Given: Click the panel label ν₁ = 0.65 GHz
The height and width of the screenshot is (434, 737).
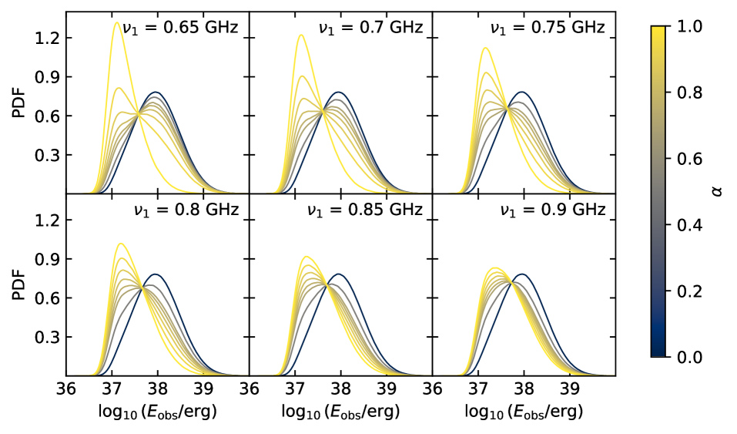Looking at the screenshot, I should click(x=181, y=29).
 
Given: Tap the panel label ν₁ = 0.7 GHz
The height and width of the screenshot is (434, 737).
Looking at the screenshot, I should click(x=370, y=29).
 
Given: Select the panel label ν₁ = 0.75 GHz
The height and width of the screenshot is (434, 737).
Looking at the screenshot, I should click(x=548, y=29).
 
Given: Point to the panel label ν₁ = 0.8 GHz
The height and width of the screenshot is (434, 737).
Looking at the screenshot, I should click(x=186, y=210).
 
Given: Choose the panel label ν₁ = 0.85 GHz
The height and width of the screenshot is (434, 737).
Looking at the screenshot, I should click(x=365, y=210).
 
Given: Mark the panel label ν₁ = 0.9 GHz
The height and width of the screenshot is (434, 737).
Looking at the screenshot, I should click(x=553, y=210).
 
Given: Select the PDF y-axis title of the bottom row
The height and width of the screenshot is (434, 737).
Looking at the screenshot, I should click(x=18, y=284).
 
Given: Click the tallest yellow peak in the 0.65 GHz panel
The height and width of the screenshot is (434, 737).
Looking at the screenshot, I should click(x=116, y=22).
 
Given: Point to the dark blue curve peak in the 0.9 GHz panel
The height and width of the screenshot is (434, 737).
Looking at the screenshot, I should click(x=524, y=274).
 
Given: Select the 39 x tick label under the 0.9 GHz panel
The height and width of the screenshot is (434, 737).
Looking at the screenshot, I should click(x=570, y=389).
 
